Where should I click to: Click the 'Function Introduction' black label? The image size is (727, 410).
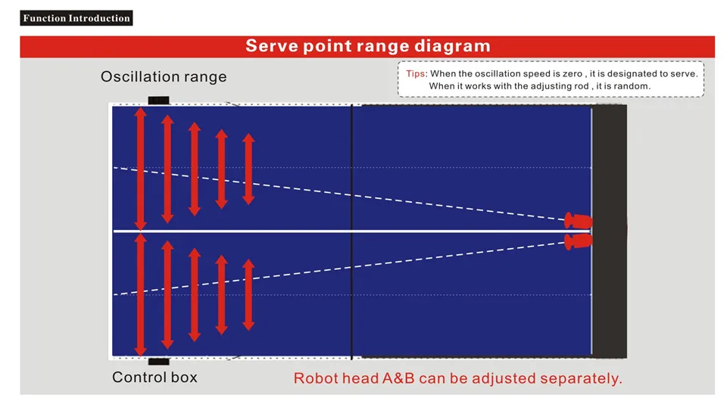pyautogui.click(x=76, y=18)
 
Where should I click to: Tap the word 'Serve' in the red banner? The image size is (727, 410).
pyautogui.click(x=271, y=46)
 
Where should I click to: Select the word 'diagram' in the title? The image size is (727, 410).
pyautogui.click(x=452, y=46)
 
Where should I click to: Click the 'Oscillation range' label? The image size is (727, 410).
pyautogui.click(x=164, y=76)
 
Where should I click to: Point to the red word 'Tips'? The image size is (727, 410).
pyautogui.click(x=416, y=73)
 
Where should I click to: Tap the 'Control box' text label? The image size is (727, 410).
pyautogui.click(x=154, y=377)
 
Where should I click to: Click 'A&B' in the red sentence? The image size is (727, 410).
pyautogui.click(x=398, y=378)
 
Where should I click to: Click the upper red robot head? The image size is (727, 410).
pyautogui.click(x=578, y=221)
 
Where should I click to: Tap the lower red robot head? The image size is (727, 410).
pyautogui.click(x=578, y=241)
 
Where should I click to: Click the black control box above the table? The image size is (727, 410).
pyautogui.click(x=158, y=100)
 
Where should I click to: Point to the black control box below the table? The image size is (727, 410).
pyautogui.click(x=158, y=362)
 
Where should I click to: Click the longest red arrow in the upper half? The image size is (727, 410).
pyautogui.click(x=141, y=169)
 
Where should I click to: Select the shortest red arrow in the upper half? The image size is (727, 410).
pyautogui.click(x=248, y=169)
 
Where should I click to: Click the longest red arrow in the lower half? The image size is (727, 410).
pyautogui.click(x=141, y=295)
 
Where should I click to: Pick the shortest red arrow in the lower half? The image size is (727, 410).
pyautogui.click(x=248, y=295)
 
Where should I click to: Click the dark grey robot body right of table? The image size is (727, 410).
pyautogui.click(x=610, y=231)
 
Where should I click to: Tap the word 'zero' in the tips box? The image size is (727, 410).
pyautogui.click(x=573, y=73)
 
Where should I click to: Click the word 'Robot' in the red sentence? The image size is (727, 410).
pyautogui.click(x=313, y=378)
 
